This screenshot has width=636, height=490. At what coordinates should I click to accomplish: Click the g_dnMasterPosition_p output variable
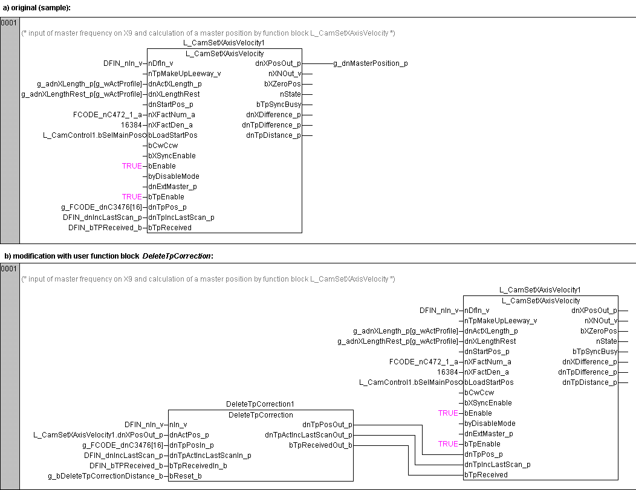pos(370,63)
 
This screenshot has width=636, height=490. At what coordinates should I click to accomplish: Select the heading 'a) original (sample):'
pos(37,7)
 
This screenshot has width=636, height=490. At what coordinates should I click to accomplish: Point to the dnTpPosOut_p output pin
pos(327,425)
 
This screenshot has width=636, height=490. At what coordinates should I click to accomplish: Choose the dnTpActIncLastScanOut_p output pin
pos(308,435)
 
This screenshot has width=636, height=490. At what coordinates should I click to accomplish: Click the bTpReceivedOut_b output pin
pos(320,445)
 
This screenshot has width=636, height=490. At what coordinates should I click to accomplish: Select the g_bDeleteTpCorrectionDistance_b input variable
pos(106,476)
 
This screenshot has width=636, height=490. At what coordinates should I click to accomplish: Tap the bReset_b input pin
pos(186,476)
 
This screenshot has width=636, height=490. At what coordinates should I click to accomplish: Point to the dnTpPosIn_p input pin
pos(192,445)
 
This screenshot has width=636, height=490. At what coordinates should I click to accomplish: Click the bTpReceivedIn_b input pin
pos(198,466)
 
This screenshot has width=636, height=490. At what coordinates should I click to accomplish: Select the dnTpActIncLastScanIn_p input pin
pos(210,456)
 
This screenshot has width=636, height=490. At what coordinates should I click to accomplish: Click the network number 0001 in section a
pos(9,23)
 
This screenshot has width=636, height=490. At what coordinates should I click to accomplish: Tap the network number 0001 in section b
pos(9,269)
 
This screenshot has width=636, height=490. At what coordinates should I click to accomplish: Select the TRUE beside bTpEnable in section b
pos(448,444)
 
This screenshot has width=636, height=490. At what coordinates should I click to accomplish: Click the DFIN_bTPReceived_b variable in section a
pos(105,228)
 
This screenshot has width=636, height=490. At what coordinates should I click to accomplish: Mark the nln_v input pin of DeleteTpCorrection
pos(179,425)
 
